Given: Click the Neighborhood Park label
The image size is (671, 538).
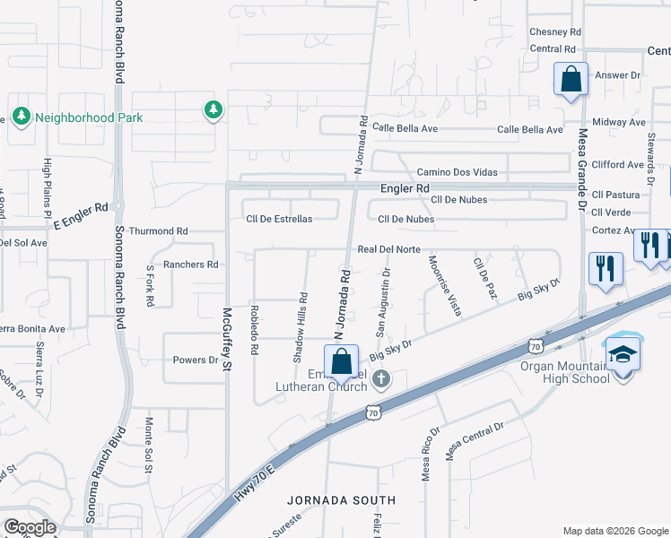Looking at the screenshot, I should tap(77, 117).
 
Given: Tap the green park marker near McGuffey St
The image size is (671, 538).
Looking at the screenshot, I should tap(213, 110).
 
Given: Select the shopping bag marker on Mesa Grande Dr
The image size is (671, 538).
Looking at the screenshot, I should tap(571, 81).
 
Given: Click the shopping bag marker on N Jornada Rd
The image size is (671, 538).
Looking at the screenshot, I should tap(341, 363).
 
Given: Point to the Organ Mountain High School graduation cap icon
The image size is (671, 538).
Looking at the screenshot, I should tap(623, 352).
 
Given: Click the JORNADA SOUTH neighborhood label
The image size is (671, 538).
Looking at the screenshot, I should tap(341, 500).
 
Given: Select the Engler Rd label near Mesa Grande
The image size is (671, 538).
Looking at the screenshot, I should tap(405, 189).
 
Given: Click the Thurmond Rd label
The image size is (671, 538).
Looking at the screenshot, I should tap(158, 231).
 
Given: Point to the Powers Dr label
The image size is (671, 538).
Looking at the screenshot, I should tap(196, 360).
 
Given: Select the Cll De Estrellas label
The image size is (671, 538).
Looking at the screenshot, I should tap(279, 219).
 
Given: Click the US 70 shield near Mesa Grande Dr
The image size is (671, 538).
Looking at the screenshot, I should tap(536, 344).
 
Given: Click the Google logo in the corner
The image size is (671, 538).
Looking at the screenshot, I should tap(29, 527).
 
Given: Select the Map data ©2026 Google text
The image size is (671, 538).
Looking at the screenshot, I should tap(614, 531).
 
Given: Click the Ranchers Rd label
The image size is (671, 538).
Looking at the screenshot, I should tap(191, 265).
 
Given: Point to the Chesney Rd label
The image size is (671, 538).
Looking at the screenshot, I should tap(555, 31).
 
